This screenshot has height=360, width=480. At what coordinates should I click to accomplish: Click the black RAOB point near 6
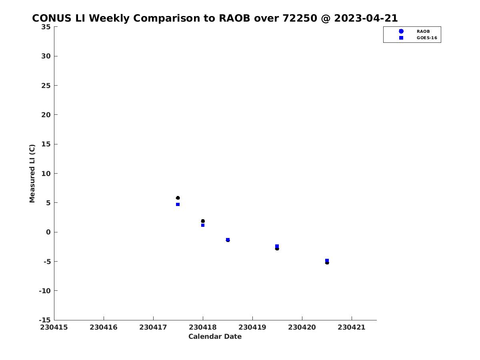(x=178, y=198)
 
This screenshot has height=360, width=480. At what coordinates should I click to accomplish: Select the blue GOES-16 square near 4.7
(x=178, y=204)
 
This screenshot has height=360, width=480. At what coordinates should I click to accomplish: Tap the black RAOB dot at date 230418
(x=203, y=221)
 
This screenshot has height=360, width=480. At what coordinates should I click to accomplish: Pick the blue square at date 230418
(x=203, y=225)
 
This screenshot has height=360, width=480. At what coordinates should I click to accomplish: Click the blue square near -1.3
(x=228, y=240)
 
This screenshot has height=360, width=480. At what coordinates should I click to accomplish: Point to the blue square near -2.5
(x=277, y=246)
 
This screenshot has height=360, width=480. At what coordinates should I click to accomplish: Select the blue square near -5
(x=327, y=260)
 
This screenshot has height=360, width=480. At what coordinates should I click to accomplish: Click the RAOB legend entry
(x=423, y=32)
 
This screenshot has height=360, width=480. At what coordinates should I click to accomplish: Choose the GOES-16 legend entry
(x=427, y=38)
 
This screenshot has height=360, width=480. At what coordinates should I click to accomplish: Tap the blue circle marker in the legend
(x=401, y=31)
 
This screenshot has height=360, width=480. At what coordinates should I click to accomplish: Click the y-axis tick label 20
(x=46, y=115)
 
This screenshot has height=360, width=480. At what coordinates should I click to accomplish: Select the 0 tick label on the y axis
(x=48, y=232)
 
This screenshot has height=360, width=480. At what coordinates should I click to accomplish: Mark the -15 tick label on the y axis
(x=45, y=320)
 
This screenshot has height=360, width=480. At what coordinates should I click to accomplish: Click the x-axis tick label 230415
(x=54, y=328)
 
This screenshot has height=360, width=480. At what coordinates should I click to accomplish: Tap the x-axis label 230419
(x=252, y=328)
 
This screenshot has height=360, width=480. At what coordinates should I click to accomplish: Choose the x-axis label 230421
(x=352, y=328)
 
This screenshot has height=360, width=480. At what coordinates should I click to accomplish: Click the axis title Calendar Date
(x=215, y=336)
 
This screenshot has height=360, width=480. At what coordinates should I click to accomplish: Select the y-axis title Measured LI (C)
(x=32, y=174)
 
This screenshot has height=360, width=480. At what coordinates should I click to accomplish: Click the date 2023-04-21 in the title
(x=366, y=18)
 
